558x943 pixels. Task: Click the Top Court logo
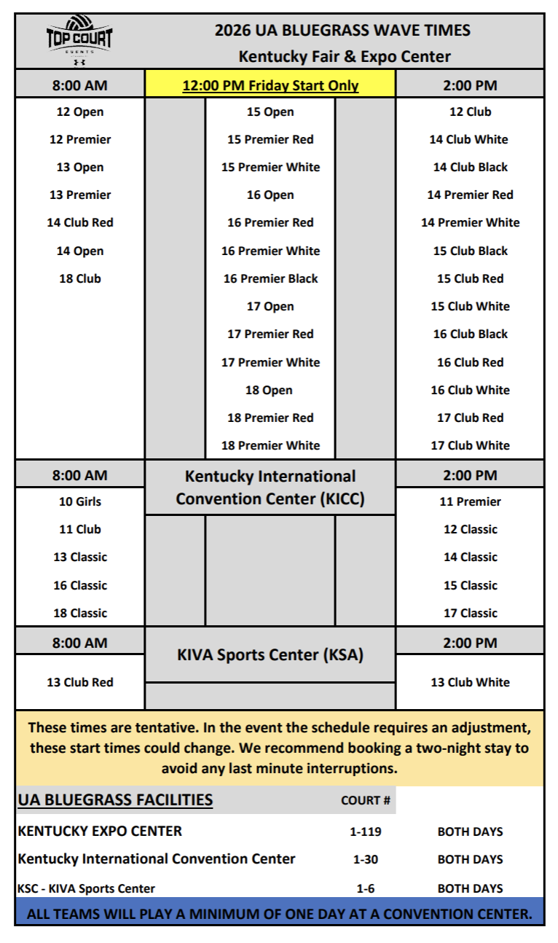pos(79,41)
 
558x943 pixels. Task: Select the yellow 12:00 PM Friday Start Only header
pos(270,85)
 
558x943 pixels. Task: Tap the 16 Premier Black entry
pos(270,278)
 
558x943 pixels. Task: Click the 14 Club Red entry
pos(80,222)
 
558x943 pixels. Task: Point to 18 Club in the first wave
pos(80,278)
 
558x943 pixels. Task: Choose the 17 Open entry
pos(270,306)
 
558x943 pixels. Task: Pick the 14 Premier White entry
pos(470,222)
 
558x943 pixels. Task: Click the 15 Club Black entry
pos(470,251)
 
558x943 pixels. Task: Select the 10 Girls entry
pos(80,501)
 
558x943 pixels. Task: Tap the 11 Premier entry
pos(470,501)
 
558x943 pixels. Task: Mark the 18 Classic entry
pos(80,613)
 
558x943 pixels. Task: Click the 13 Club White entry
pos(470,682)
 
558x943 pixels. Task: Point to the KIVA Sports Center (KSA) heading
pos(270,654)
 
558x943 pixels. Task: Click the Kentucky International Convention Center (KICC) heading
pos(270,488)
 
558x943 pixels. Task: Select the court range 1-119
pos(366,832)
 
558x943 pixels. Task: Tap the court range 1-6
pos(366,888)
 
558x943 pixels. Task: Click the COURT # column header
pos(366,800)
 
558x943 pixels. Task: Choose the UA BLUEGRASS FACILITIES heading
pos(115,799)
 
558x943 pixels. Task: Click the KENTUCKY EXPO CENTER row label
pos(100,831)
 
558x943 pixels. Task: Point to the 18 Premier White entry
pos(270,445)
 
